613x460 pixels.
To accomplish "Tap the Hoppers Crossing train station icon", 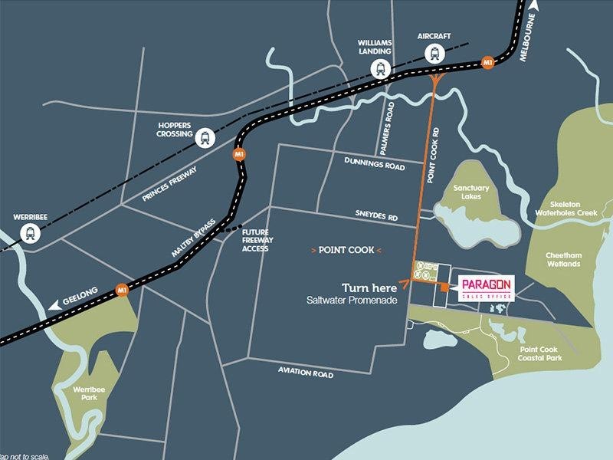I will (x=205, y=138).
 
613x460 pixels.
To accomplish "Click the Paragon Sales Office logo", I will (x=485, y=288).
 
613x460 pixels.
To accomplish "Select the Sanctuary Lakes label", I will (x=470, y=192).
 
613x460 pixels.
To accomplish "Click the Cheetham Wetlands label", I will (x=563, y=259).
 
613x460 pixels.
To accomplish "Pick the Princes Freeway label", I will (x=170, y=184).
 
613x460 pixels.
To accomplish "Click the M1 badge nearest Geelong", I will (x=121, y=290).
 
